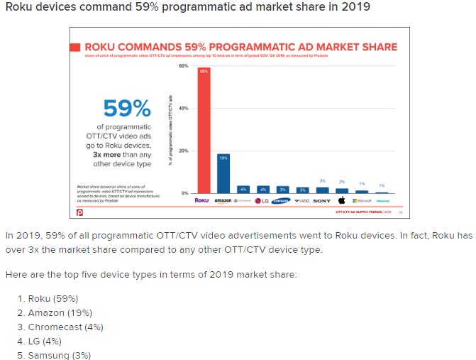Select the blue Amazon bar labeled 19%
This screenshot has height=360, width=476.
(x=223, y=173)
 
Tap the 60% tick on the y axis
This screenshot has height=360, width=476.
(x=183, y=66)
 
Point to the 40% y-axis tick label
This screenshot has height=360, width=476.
(x=183, y=108)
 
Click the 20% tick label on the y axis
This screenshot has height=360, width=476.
(x=183, y=151)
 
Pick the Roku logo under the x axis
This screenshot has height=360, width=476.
(x=202, y=201)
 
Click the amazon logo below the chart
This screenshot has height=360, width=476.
(x=223, y=201)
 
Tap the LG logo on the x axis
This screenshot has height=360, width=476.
(x=262, y=201)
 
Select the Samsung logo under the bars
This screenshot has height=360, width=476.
(x=282, y=201)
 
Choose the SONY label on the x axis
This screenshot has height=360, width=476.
(x=321, y=201)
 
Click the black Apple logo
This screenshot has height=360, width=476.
(x=342, y=200)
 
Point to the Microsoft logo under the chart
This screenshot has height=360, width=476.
(x=362, y=201)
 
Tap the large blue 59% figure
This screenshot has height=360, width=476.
(x=127, y=108)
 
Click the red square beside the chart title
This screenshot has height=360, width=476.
(x=75, y=47)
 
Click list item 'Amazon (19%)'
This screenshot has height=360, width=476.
(x=60, y=312)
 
